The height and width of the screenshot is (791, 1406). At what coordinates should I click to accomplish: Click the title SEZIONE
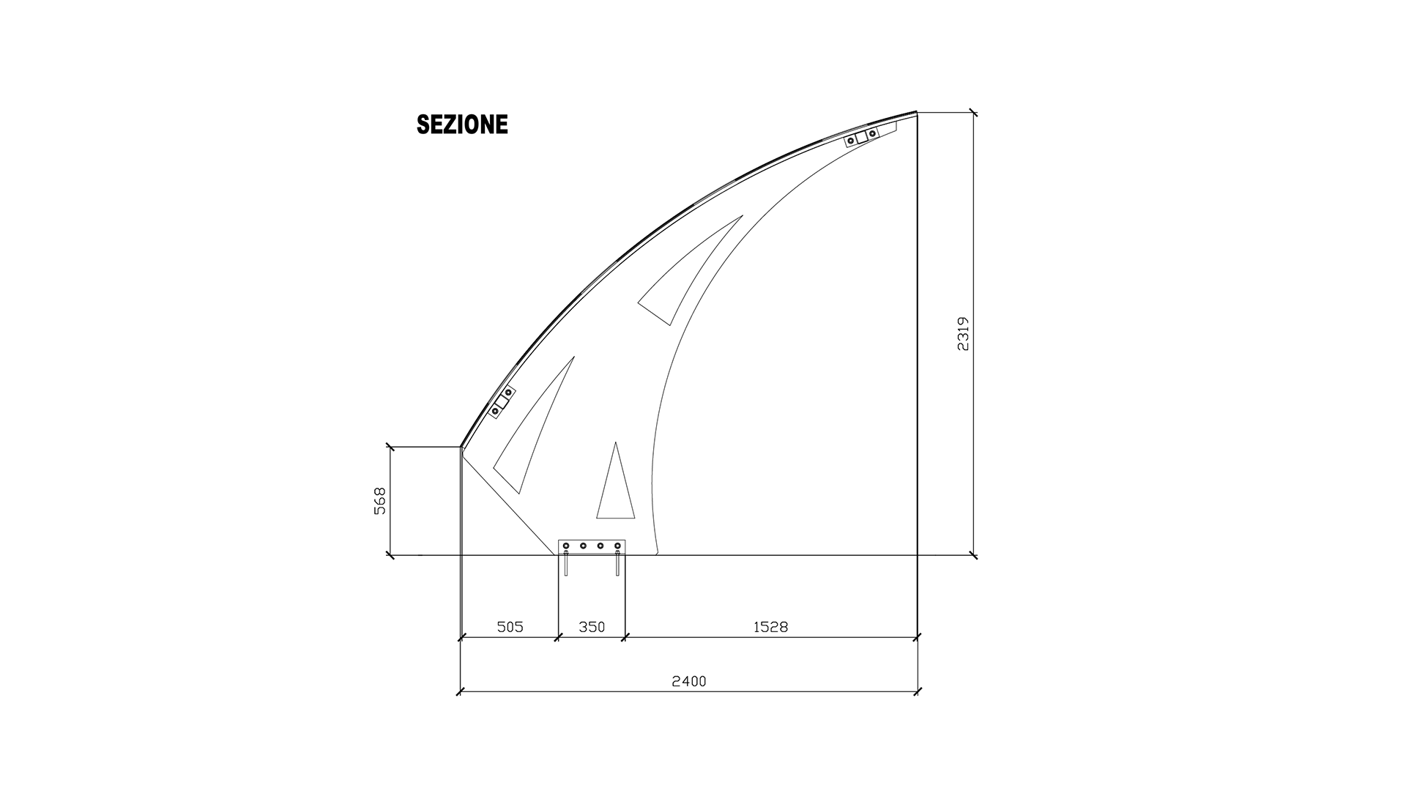point(462,125)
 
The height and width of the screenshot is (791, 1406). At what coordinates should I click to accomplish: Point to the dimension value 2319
point(963,333)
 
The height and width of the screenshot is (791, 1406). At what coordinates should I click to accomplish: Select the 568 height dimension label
point(379,501)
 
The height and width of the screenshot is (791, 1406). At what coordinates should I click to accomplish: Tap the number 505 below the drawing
point(510,627)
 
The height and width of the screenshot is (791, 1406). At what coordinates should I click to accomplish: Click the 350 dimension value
point(592,627)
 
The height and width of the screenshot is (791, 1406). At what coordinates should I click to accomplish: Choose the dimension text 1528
point(770,627)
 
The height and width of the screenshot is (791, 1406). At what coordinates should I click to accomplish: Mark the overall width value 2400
point(689,681)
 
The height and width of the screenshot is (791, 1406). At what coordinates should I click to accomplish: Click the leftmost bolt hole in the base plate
point(566,546)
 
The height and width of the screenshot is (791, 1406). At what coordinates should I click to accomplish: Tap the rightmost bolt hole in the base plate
point(617,546)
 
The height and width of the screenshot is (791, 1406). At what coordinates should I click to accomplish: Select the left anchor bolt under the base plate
point(566,564)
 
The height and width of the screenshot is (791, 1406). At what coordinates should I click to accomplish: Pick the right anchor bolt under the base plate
point(618,564)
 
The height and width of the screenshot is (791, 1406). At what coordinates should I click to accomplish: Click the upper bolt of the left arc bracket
point(508,393)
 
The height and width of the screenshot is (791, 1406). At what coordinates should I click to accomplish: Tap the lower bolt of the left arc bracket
point(496,412)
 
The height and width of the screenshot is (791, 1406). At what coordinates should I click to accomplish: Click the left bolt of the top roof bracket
point(851,140)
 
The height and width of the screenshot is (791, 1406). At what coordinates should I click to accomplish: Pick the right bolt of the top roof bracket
point(872,133)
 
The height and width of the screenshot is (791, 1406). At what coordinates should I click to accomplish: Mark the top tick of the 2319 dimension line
point(973,113)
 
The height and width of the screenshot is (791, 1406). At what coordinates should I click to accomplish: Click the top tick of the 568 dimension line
point(390,446)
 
